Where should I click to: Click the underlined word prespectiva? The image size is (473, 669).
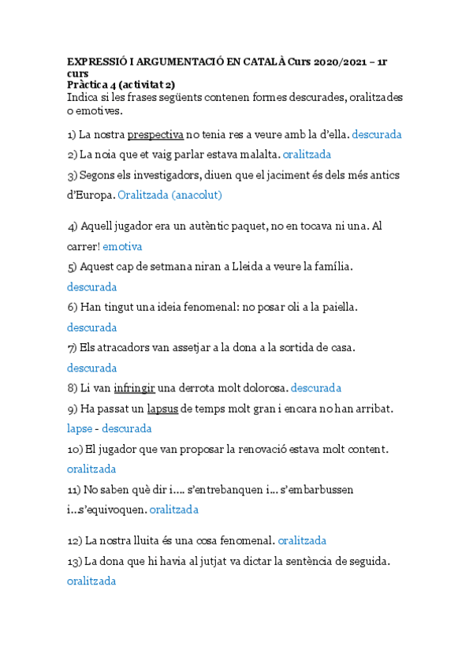(x=155, y=134)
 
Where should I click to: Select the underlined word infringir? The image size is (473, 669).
(x=134, y=388)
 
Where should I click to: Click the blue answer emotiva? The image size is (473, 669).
(x=122, y=247)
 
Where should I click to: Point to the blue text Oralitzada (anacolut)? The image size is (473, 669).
(x=169, y=195)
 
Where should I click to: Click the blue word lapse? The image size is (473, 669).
(x=80, y=429)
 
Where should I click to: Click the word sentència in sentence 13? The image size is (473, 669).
(x=309, y=562)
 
